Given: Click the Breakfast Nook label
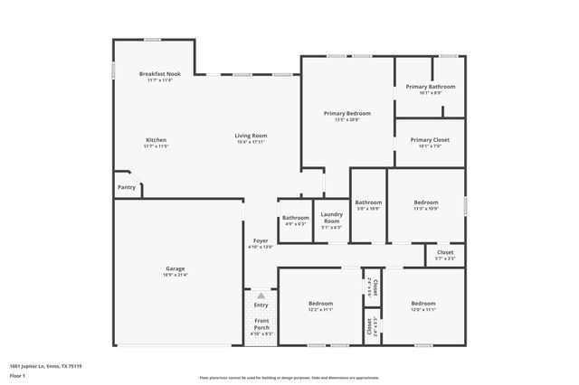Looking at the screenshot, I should (159, 73).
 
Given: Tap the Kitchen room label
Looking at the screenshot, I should (157, 140).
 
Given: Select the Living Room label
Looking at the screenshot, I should (252, 136).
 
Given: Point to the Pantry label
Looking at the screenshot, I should (127, 187).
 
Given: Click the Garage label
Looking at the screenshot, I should (175, 269).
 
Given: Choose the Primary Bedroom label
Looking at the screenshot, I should (347, 113).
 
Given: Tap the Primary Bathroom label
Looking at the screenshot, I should (437, 87).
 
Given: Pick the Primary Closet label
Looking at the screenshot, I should (430, 140).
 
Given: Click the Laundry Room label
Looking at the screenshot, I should (331, 218).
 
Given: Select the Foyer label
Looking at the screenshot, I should (261, 240).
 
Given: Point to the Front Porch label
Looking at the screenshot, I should (261, 324).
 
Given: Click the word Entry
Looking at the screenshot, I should (261, 305).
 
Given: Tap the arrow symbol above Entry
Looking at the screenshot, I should (261, 296).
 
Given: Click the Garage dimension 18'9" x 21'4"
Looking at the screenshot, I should (175, 275).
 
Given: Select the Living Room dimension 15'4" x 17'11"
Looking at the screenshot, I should (252, 142).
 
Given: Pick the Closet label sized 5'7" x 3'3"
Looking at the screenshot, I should (444, 253).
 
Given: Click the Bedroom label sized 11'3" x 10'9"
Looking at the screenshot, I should (426, 202).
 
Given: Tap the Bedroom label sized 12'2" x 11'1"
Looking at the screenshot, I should (320, 303).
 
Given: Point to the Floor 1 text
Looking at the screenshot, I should (17, 375).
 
